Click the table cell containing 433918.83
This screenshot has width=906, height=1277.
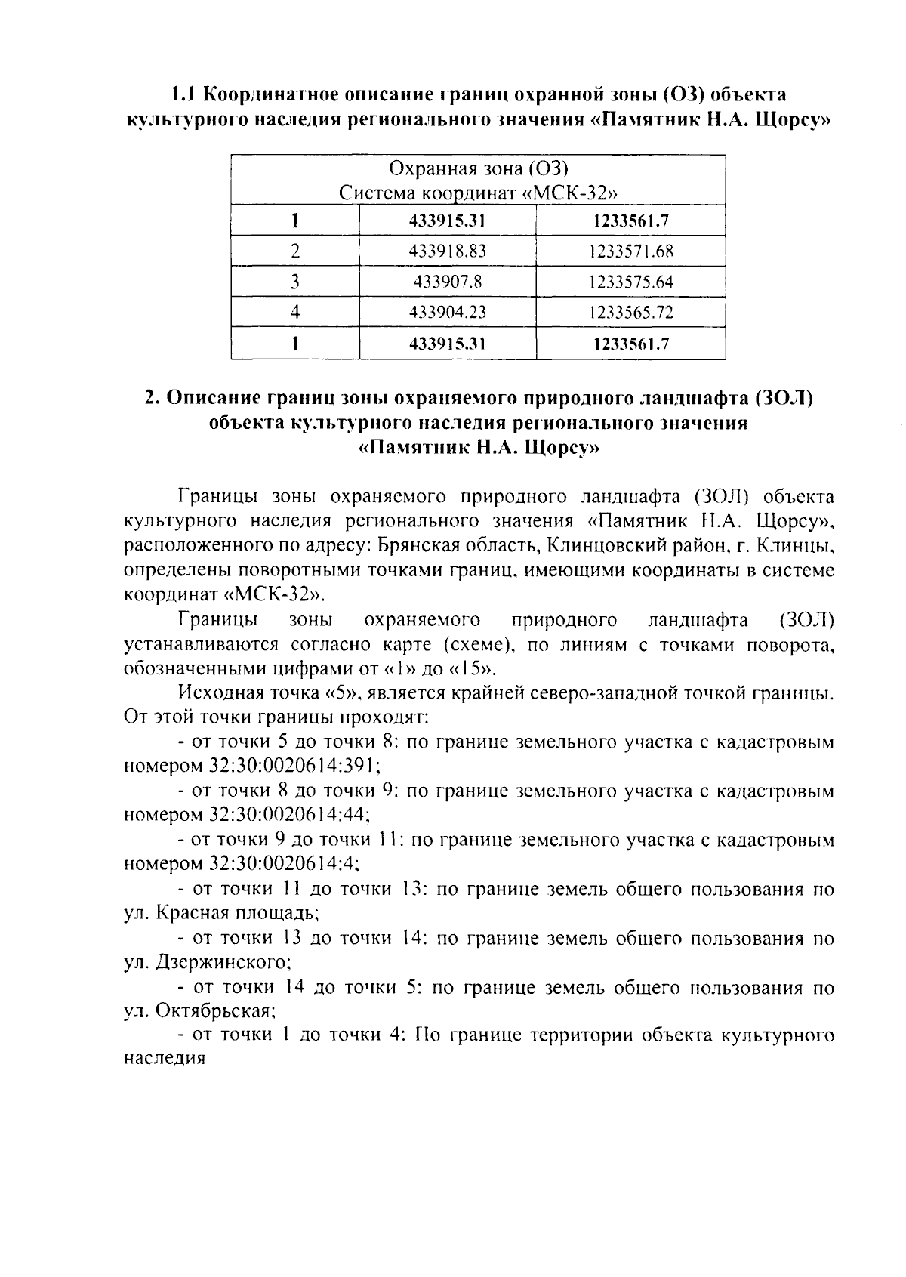[447, 251]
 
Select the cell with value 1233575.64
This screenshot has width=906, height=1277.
[631, 282]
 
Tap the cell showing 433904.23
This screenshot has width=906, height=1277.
[447, 312]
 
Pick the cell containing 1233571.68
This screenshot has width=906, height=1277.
[631, 251]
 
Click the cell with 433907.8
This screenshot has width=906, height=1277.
[447, 282]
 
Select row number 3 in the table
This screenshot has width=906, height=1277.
[295, 282]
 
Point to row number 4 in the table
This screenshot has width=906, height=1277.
[295, 312]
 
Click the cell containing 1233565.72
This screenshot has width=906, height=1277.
[631, 312]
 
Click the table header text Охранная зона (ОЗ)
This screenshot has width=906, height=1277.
[478, 168]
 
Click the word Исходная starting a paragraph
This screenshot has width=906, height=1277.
[218, 693]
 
